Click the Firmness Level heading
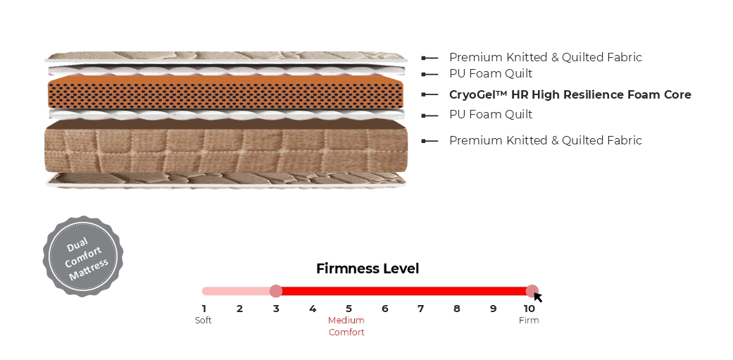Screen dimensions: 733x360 [368, 269]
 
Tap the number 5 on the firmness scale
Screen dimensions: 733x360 [349, 309]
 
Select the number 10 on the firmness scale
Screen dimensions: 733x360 [529, 309]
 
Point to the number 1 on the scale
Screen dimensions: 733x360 [203, 309]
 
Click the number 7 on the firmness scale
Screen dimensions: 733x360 [421, 309]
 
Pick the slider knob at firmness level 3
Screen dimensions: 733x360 [276, 291]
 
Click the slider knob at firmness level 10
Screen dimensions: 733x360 [532, 291]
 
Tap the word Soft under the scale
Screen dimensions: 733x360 [203, 321]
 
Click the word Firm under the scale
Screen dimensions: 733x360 [529, 321]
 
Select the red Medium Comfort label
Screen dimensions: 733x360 [346, 326]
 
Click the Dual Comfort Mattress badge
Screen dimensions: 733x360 [83, 256]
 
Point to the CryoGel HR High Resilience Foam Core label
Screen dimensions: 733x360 [570, 94]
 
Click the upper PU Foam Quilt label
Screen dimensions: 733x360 [491, 74]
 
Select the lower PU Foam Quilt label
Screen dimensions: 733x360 [491, 115]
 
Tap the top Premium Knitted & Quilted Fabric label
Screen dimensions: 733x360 [546, 58]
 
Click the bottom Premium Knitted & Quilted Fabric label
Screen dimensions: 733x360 [546, 140]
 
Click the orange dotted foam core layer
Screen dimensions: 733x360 [226, 92]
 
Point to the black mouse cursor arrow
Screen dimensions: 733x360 [537, 297]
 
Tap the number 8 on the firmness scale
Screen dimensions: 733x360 [457, 309]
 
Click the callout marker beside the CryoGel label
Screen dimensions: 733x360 [430, 94]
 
